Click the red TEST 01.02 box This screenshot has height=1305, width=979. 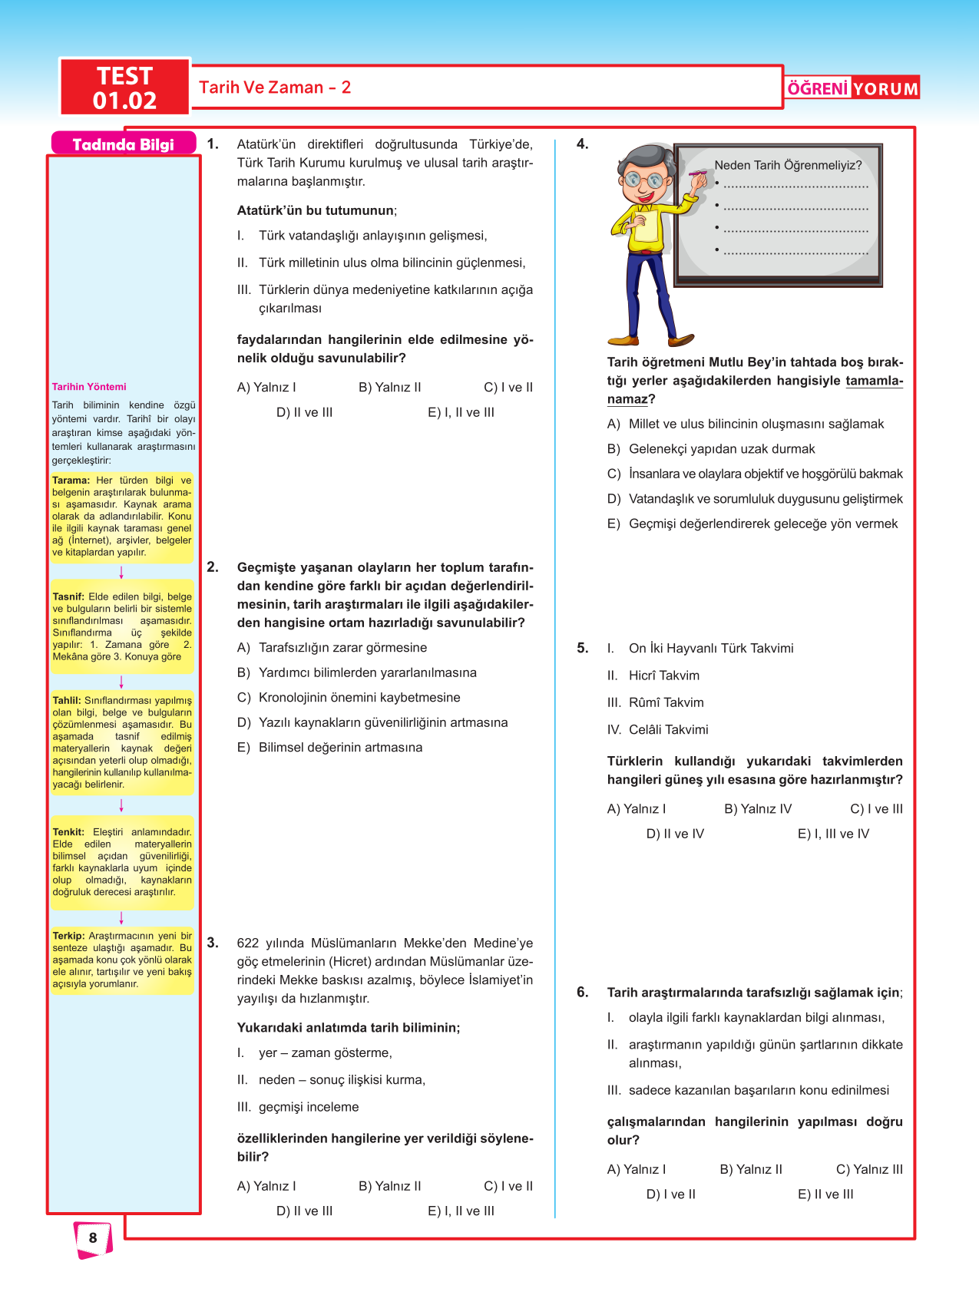pyautogui.click(x=124, y=88)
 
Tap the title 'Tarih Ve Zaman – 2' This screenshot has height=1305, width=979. pyautogui.click(x=275, y=88)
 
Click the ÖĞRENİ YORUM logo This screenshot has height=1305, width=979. pyautogui.click(x=852, y=88)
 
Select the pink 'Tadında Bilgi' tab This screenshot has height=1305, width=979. pyautogui.click(x=123, y=144)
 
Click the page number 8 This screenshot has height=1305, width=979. pyautogui.click(x=93, y=1237)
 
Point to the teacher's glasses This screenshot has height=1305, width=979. pyautogui.click(x=643, y=180)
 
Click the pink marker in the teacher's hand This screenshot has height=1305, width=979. pyautogui.click(x=698, y=176)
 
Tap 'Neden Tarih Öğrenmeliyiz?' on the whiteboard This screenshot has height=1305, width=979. pyautogui.click(x=788, y=165)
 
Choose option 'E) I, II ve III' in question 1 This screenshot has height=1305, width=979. pyautogui.click(x=461, y=412)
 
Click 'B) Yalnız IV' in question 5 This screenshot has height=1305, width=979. pyautogui.click(x=757, y=809)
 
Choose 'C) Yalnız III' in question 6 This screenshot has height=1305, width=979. pyautogui.click(x=869, y=1170)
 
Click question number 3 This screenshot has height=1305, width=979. pyautogui.click(x=213, y=943)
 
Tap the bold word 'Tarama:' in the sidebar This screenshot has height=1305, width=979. pyautogui.click(x=71, y=481)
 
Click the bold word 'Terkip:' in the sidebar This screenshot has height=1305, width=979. pyautogui.click(x=68, y=937)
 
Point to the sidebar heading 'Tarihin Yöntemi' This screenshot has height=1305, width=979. pyautogui.click(x=89, y=387)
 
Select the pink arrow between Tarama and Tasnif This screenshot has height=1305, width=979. pyautogui.click(x=121, y=573)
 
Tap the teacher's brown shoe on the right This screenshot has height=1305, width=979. pyautogui.click(x=680, y=339)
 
